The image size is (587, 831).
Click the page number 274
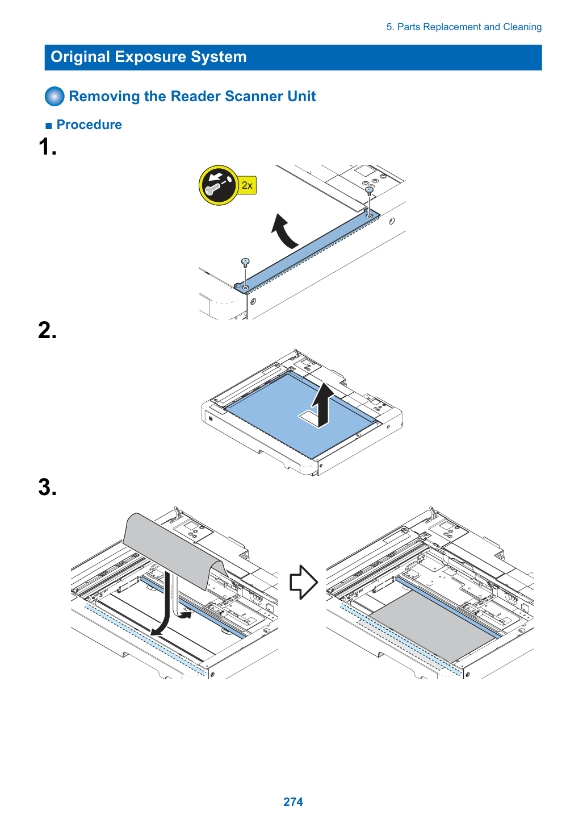(x=293, y=801)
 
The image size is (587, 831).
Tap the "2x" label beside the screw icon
(x=247, y=185)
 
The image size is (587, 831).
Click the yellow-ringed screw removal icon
(x=219, y=185)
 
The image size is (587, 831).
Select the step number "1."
(x=48, y=146)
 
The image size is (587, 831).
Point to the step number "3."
(x=48, y=487)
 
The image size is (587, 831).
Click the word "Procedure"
(x=89, y=124)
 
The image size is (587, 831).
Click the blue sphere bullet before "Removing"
(x=54, y=96)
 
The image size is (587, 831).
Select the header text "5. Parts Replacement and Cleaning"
(x=464, y=27)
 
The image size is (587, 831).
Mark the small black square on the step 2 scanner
(x=211, y=418)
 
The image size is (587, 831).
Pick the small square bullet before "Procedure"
(x=49, y=126)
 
